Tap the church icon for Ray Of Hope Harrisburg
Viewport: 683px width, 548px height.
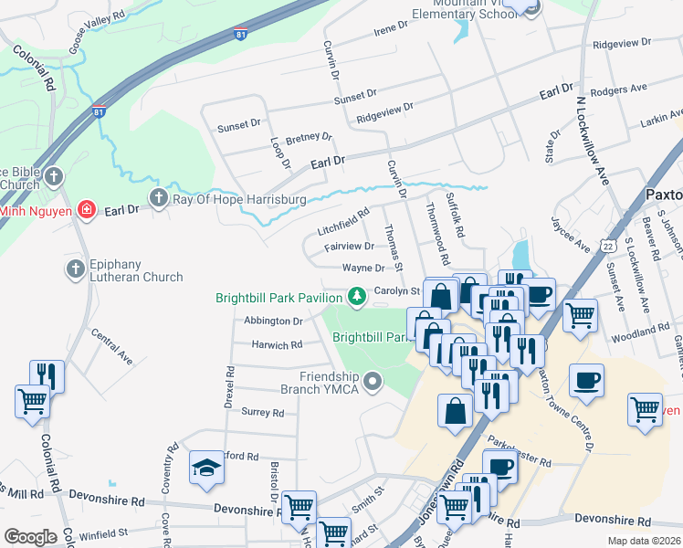[159, 198]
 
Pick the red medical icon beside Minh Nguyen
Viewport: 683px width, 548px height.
[86, 210]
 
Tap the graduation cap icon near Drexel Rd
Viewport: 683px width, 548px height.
[206, 469]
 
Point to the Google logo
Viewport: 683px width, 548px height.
[31, 536]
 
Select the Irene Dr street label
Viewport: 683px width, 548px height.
[390, 31]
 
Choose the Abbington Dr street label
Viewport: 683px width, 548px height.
[273, 321]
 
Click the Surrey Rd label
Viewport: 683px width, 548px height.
[262, 412]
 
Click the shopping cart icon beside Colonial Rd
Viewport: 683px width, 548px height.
[33, 402]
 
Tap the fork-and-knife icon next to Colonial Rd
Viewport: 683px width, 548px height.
[47, 375]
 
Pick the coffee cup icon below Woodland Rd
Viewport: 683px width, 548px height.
[586, 380]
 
